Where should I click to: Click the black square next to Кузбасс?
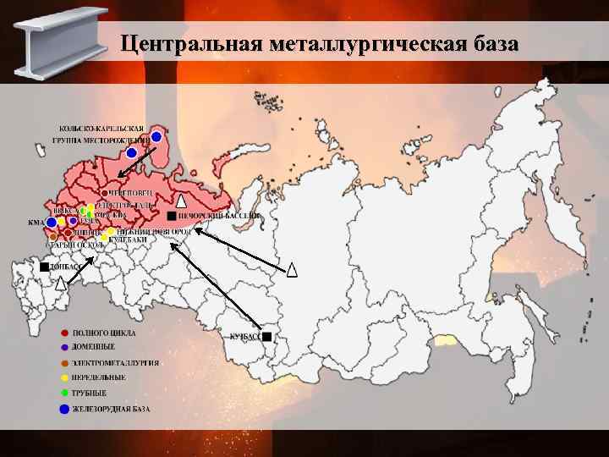click(x=266, y=337)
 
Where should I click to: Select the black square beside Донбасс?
click(x=43, y=267)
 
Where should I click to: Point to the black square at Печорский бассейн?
click(x=172, y=217)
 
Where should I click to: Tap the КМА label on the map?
click(x=36, y=223)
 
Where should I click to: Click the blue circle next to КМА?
click(x=51, y=223)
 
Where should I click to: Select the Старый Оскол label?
click(x=69, y=245)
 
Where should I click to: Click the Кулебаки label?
click(x=129, y=240)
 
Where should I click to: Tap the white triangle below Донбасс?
click(x=60, y=284)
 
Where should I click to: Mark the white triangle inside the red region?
click(x=181, y=201)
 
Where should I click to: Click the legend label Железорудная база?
click(x=111, y=410)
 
